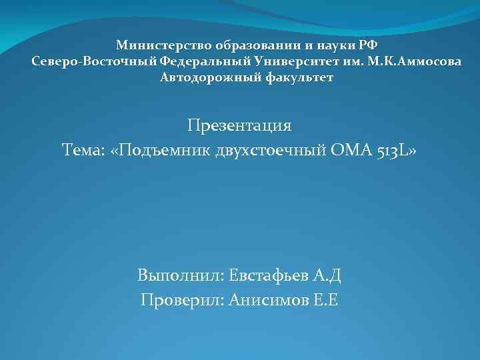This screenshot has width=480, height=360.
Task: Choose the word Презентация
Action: pyautogui.click(x=239, y=125)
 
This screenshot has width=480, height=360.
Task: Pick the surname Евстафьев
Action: pyautogui.click(x=271, y=275)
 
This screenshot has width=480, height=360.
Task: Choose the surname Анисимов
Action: pyautogui.click(x=268, y=300)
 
